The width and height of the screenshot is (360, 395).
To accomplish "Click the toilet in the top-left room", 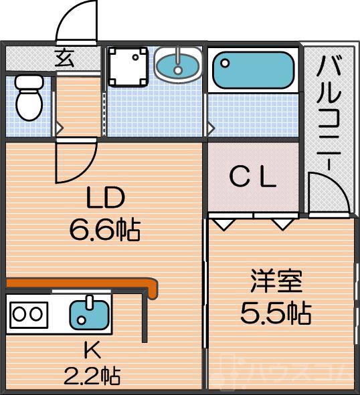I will click(27, 98).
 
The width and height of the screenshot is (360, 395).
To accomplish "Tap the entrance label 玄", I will click(65, 59).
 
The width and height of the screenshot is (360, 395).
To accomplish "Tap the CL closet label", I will click(253, 177).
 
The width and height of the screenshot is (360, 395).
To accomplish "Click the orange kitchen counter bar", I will click(80, 287).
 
